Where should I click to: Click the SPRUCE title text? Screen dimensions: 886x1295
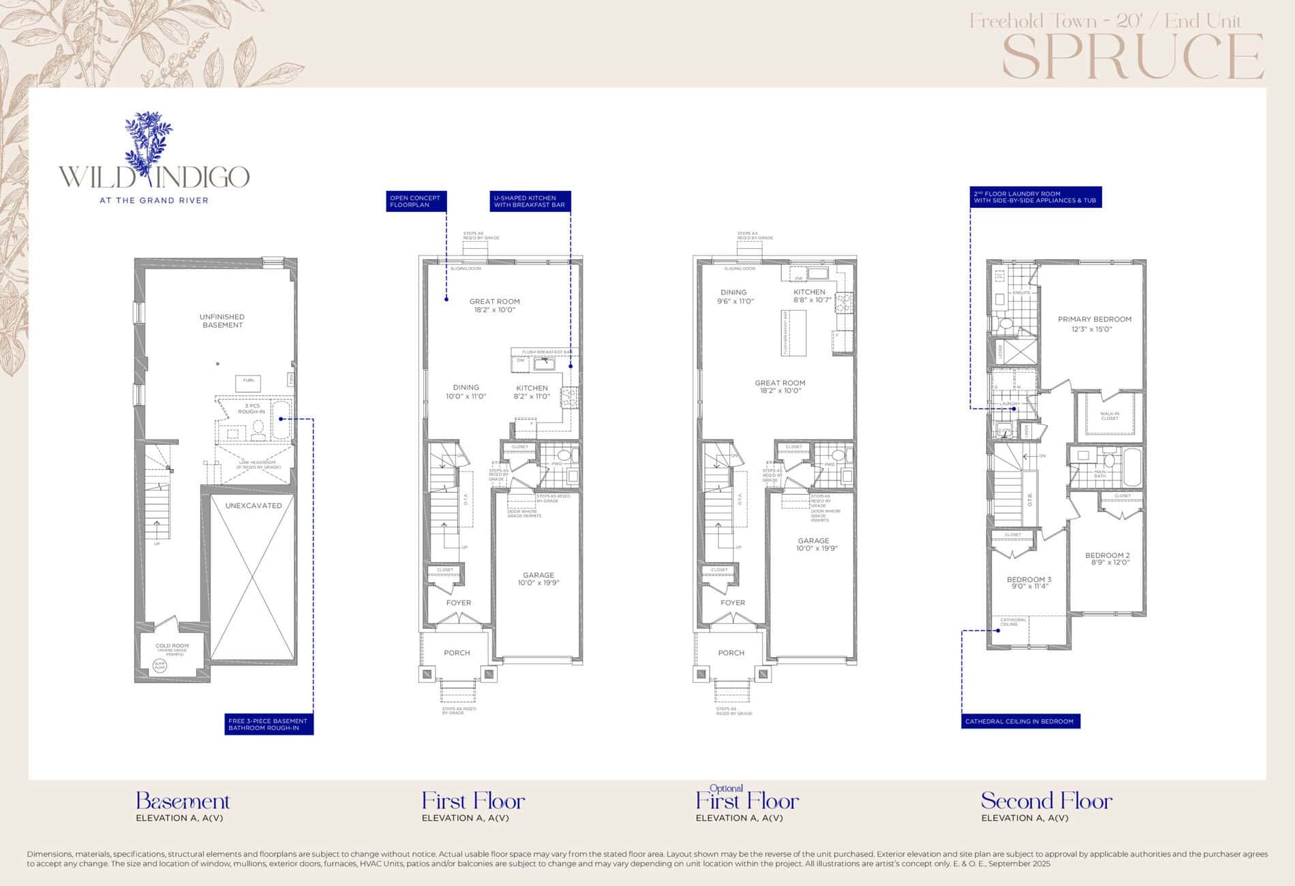[1133, 57]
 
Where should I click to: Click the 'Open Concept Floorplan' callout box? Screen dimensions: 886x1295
[415, 201]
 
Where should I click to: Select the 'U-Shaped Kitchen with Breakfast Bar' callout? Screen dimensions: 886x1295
[530, 201]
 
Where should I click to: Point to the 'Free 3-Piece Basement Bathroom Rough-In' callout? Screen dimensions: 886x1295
[268, 724]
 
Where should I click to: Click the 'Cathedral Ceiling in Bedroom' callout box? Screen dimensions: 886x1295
[1020, 721]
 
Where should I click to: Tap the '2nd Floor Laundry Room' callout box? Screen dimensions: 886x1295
[1035, 197]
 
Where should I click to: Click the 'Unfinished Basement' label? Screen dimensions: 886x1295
[222, 321]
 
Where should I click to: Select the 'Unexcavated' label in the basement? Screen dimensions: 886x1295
[254, 506]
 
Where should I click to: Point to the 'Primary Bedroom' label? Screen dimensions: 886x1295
[1094, 320]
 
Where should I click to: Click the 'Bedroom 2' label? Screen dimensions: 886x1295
[1108, 555]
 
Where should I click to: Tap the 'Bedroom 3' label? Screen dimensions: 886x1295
[1029, 580]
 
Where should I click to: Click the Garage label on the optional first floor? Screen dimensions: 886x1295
[813, 540]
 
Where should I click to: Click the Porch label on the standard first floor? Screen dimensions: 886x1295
[457, 653]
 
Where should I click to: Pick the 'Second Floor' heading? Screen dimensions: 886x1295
[1046, 801]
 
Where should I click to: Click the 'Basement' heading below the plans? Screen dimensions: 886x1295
[183, 801]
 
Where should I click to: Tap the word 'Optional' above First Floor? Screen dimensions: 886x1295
[726, 788]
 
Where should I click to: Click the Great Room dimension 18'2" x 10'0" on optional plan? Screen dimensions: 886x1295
[780, 391]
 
